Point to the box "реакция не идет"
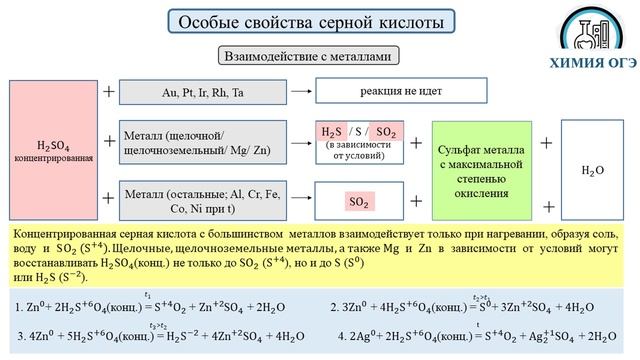coord(380,91)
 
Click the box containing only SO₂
coord(360,201)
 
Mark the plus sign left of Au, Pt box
coord(109,91)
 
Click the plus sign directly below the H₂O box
coord(547,206)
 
